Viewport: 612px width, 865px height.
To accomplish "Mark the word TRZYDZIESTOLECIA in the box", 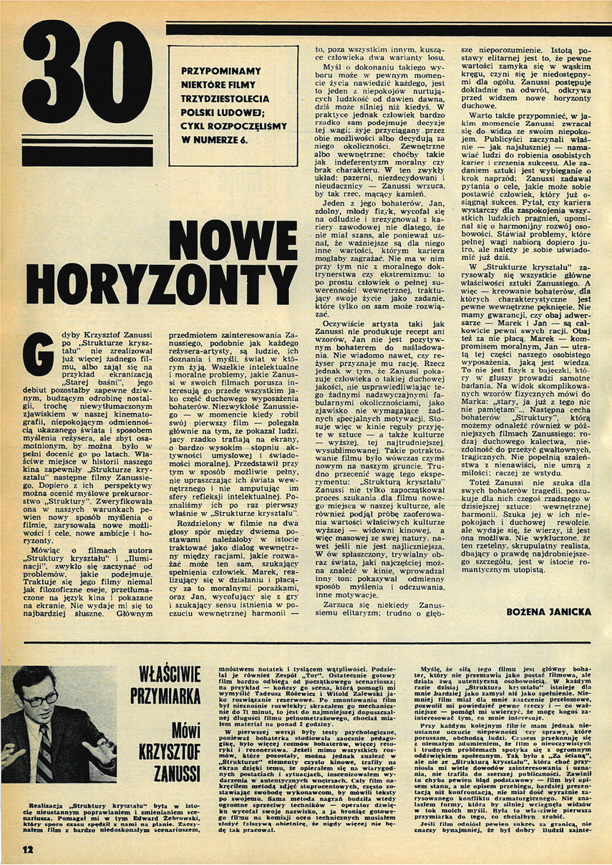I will click(223, 99).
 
